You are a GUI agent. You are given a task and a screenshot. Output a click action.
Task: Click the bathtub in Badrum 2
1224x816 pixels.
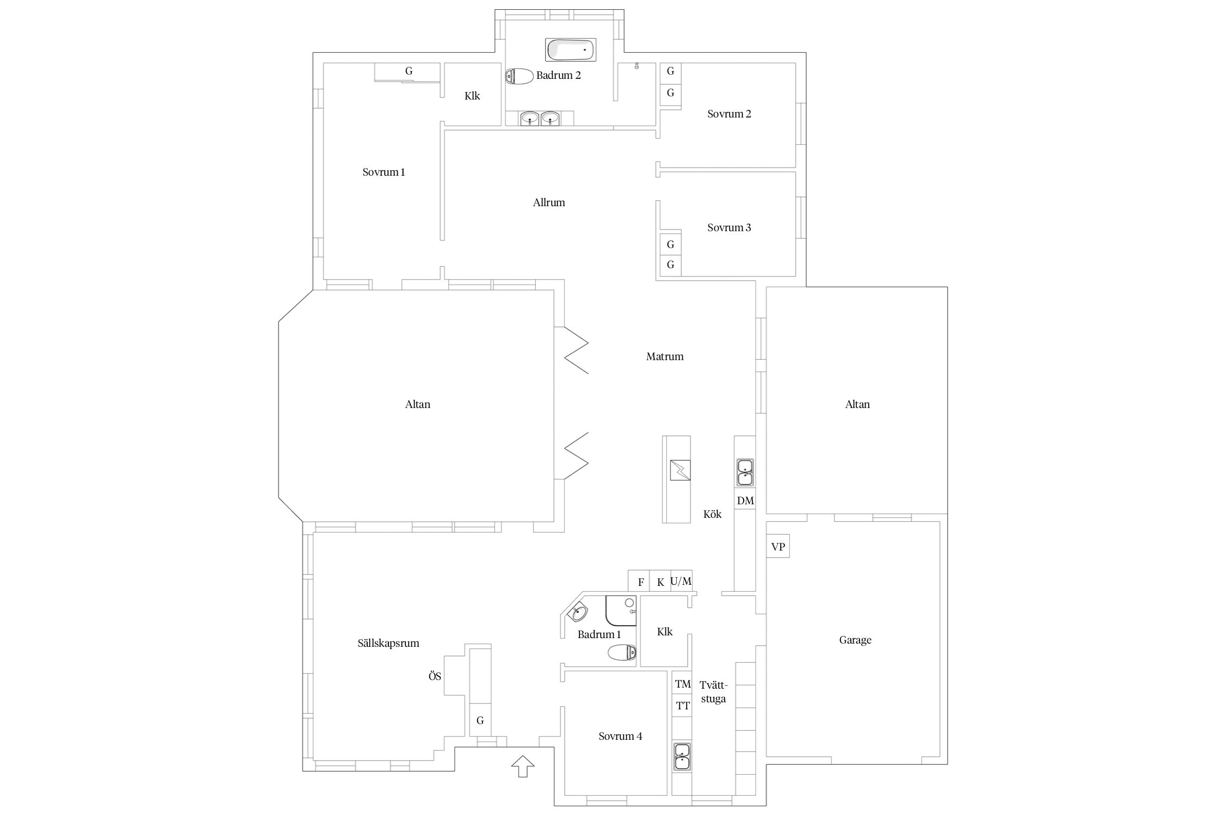coord(571,50)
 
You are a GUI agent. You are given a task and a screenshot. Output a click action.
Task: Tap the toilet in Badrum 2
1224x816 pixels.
coord(519,76)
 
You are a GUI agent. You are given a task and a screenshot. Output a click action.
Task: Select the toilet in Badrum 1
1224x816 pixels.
coord(622,652)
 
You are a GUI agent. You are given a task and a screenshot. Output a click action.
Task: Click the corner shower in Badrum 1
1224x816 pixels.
coord(621,610)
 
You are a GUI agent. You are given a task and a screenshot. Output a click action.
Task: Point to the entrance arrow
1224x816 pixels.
coord(523,766)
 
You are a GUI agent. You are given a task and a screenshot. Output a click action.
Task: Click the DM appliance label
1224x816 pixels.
coord(745,500)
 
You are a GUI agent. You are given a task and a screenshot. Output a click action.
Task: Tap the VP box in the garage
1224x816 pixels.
coord(778,547)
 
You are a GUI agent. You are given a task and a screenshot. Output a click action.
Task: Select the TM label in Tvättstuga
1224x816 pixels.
coord(683,684)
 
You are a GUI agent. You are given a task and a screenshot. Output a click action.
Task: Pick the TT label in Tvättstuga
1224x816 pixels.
coord(683,706)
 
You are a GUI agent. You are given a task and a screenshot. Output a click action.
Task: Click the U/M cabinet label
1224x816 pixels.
coord(681,581)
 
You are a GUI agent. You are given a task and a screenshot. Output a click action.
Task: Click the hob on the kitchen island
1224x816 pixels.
coord(680,470)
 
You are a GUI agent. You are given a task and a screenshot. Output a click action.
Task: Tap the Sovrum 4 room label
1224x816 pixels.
coord(620,736)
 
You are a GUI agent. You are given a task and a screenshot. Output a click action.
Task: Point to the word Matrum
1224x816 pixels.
coord(665,356)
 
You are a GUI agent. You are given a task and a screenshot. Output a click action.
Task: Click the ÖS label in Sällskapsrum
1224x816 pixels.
coord(435,676)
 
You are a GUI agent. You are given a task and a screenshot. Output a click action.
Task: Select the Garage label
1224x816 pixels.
coord(855,640)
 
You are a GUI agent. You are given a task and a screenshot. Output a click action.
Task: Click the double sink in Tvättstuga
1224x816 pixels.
coord(682,757)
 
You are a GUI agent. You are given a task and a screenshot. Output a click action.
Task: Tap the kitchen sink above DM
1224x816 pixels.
coord(745,472)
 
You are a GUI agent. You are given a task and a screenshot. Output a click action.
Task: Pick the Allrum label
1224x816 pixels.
coord(549,202)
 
